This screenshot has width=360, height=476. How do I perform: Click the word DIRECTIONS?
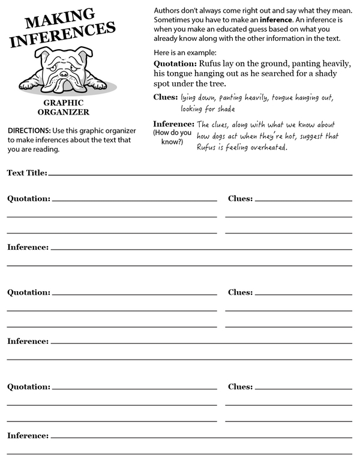(28, 131)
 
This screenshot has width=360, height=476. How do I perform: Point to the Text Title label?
(26, 173)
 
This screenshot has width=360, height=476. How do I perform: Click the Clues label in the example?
(166, 97)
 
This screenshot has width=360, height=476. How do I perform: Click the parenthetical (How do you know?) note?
(172, 137)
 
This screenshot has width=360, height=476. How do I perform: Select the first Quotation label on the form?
(28, 199)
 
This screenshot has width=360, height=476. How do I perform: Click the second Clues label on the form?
(240, 293)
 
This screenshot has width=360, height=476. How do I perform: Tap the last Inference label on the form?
(28, 435)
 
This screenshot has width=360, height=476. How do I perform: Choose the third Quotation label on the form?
(28, 387)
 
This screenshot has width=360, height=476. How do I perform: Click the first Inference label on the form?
(28, 247)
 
